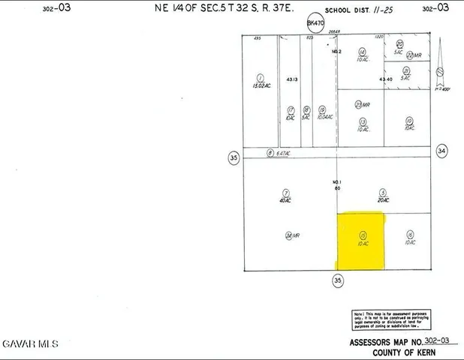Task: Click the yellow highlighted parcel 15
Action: tap(360, 240)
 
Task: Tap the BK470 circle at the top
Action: tap(315, 23)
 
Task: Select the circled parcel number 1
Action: tap(261, 77)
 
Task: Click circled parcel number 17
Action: tap(290, 109)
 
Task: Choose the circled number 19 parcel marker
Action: tap(321, 109)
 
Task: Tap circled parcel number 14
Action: tap(361, 51)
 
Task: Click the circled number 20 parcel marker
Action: tap(399, 44)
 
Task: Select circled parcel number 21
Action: tap(405, 70)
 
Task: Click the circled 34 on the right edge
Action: tap(442, 151)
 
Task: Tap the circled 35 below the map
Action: tap(338, 280)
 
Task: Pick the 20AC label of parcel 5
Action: tap(383, 200)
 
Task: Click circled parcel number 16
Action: tap(409, 234)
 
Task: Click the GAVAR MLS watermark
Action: tap(29, 343)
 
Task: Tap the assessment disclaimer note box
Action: tap(390, 320)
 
